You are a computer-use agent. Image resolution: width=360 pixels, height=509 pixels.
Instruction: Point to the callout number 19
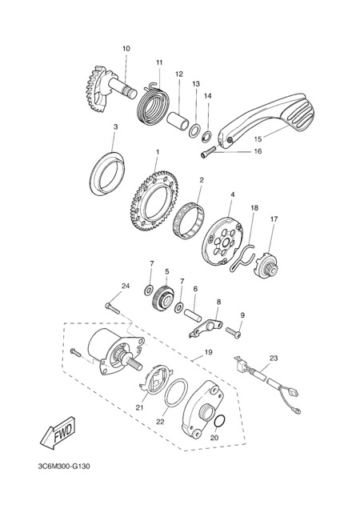tap(208, 352)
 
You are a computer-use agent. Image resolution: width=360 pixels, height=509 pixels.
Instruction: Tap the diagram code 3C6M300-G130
tap(64, 467)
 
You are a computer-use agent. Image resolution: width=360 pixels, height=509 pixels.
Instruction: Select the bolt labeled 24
tap(112, 308)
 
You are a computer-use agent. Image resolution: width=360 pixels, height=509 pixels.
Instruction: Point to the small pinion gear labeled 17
tap(267, 267)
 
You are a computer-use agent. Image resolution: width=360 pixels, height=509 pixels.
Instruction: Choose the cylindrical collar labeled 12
tap(178, 122)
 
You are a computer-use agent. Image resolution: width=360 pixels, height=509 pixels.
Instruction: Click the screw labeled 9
tap(234, 332)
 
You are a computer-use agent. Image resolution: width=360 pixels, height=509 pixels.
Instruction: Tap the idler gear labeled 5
tap(163, 298)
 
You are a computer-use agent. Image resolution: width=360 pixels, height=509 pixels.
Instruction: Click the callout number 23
tap(274, 359)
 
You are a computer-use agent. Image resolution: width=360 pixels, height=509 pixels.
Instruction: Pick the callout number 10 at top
tap(126, 49)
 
